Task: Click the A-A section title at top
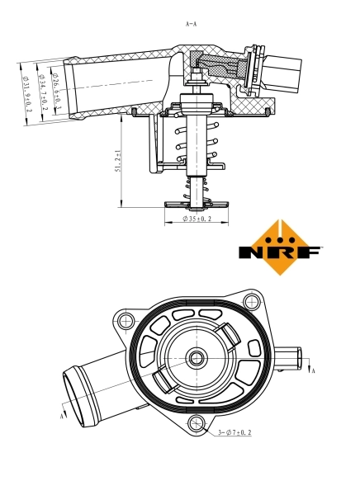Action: click(192, 24)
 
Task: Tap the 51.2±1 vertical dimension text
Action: click(118, 161)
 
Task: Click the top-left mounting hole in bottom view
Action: click(126, 322)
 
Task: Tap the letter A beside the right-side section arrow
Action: click(314, 371)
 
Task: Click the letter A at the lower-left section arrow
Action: click(62, 417)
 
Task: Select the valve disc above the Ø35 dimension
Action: click(196, 203)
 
